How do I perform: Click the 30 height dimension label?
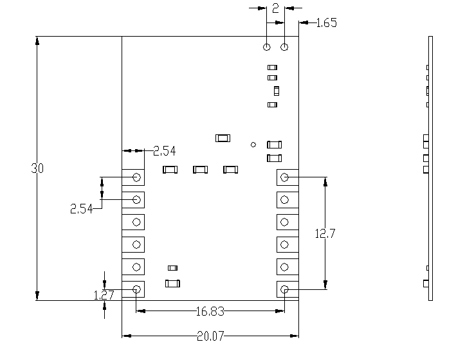point(37,168)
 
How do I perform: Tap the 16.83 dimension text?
point(210,312)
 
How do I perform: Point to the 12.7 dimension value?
point(325,234)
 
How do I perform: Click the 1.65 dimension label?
point(327,23)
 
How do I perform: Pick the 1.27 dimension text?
point(104,296)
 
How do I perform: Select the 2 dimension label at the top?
point(275,8)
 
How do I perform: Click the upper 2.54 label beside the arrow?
point(164,151)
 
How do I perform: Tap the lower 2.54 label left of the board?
point(81,208)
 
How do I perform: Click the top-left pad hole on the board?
point(137,177)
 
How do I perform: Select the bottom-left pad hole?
point(137,289)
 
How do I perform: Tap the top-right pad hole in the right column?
point(285,177)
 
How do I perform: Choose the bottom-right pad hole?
point(285,290)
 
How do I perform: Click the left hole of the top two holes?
point(267,47)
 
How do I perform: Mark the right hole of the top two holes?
point(285,47)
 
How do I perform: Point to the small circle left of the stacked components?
point(253,145)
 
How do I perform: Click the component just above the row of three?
point(223,138)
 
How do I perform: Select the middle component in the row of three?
point(200,170)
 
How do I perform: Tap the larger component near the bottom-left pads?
point(172,283)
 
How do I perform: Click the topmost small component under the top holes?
point(272,67)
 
